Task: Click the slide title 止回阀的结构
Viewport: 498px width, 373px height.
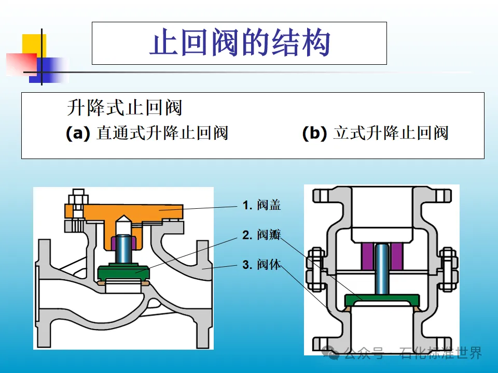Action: [x=239, y=43]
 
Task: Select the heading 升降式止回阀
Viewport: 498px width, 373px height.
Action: [x=125, y=108]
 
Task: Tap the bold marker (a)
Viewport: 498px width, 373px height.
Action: [x=78, y=133]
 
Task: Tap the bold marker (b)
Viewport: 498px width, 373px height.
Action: [x=314, y=133]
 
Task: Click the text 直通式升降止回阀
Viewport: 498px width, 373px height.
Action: [x=162, y=133]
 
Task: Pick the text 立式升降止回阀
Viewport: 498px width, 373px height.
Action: [x=391, y=133]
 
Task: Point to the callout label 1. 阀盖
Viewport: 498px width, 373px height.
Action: [x=262, y=205]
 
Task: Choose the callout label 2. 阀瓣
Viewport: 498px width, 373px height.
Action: [x=262, y=235]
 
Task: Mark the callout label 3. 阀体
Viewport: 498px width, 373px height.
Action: [x=262, y=265]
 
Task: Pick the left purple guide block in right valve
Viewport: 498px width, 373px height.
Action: [x=367, y=256]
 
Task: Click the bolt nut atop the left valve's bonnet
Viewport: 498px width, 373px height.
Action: [x=78, y=198]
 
